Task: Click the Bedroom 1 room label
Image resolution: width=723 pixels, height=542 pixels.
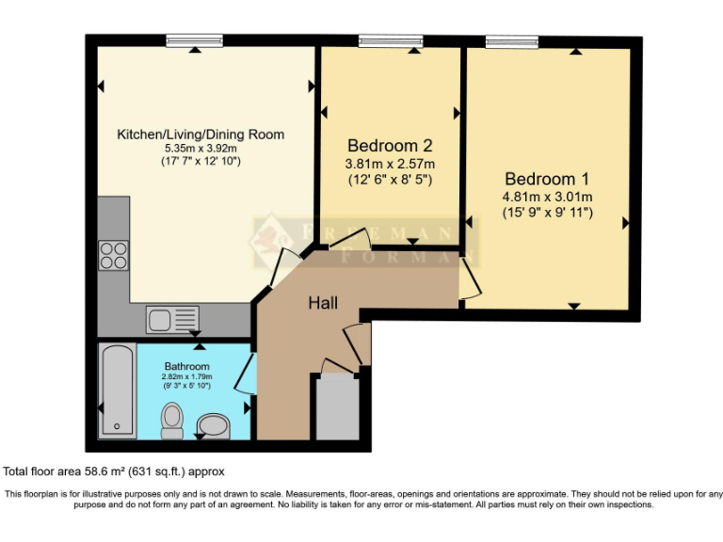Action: point(547,179)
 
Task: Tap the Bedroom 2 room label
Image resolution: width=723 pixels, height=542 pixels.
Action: point(390,146)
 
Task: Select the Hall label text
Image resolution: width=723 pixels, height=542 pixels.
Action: point(323,303)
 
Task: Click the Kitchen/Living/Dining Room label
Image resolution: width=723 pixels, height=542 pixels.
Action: point(200,135)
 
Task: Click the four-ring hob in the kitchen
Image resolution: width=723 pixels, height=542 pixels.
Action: point(114,254)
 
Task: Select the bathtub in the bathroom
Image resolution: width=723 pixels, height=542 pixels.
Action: point(117,391)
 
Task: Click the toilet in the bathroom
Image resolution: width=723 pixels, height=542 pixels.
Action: point(172,420)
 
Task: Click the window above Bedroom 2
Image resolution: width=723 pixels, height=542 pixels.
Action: point(390,40)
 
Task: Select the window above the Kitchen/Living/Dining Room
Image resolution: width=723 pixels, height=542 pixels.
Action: point(194,40)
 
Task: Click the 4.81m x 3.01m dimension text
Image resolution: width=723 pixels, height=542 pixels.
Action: point(547,197)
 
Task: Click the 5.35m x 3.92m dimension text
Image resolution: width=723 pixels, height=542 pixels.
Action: point(200,148)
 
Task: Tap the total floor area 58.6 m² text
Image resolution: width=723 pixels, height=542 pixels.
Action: point(115,471)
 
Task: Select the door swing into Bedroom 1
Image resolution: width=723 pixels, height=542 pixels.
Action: point(468,279)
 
